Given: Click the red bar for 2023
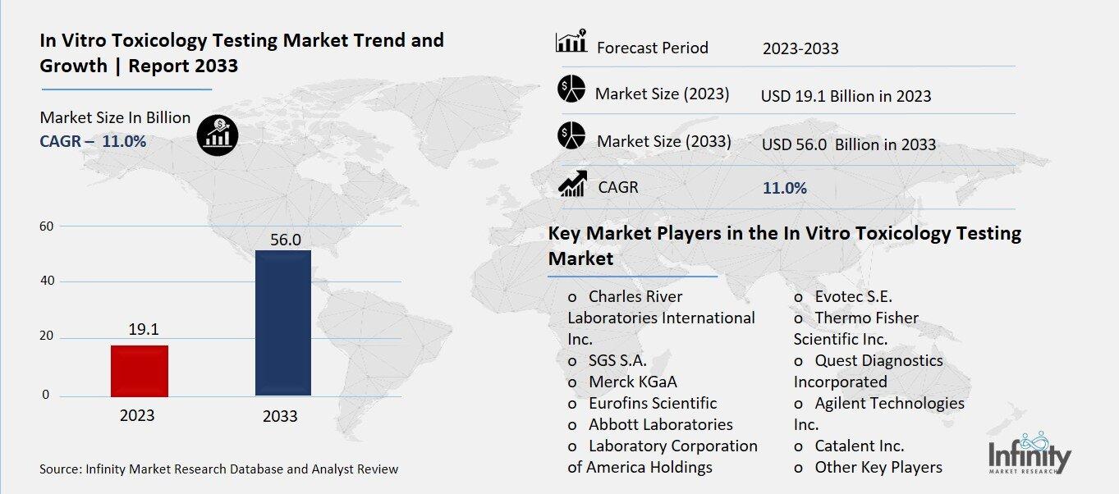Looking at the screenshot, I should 140,370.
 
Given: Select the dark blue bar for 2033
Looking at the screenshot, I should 283,322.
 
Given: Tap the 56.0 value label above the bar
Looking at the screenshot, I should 286,240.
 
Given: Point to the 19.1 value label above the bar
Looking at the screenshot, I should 144,329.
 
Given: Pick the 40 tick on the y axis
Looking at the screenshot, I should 48,281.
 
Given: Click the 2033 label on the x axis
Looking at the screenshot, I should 280,417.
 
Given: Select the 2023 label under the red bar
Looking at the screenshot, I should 137,415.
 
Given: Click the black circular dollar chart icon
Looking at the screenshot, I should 218,134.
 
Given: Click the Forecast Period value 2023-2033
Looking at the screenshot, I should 800,48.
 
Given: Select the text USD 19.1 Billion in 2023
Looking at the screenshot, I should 846,96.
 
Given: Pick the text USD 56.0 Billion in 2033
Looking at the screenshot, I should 848,144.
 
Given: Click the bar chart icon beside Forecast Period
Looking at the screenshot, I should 571,43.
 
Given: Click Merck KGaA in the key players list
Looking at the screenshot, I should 632,382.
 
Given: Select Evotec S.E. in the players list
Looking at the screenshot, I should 852,296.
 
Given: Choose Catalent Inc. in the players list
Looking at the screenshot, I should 859,446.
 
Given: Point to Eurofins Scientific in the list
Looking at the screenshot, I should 652,403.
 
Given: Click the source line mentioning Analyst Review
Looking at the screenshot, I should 219,469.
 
